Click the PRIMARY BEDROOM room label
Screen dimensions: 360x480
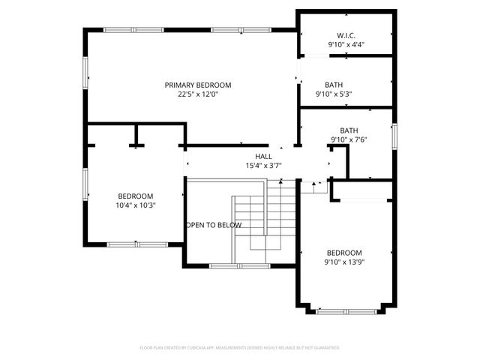click(198, 85)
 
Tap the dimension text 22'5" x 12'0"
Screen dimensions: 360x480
click(198, 94)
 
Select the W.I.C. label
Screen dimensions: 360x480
click(346, 35)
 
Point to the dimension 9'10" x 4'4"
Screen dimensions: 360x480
click(346, 45)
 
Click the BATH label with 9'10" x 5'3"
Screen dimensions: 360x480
click(334, 85)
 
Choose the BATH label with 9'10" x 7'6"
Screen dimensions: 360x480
click(349, 130)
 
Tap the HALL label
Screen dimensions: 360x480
click(263, 156)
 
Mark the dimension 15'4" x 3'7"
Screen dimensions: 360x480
click(263, 165)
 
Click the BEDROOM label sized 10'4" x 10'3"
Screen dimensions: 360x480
click(135, 196)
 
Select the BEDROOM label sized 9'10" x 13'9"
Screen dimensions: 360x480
click(344, 253)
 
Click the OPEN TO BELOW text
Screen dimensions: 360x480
click(214, 225)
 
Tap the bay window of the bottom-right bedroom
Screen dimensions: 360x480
click(345, 310)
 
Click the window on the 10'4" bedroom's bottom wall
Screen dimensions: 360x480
click(136, 244)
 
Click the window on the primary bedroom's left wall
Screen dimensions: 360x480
click(85, 71)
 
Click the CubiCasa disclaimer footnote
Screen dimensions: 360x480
click(240, 348)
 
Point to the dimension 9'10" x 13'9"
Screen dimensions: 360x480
click(344, 262)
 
